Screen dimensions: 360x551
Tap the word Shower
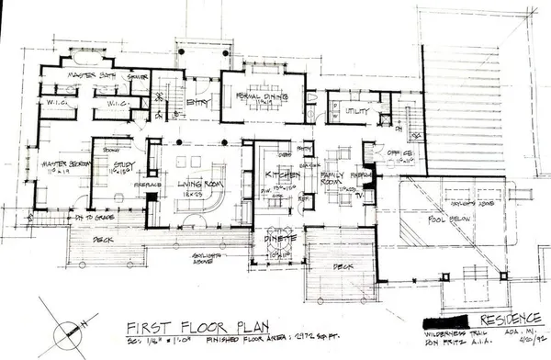click(x=137, y=77)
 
